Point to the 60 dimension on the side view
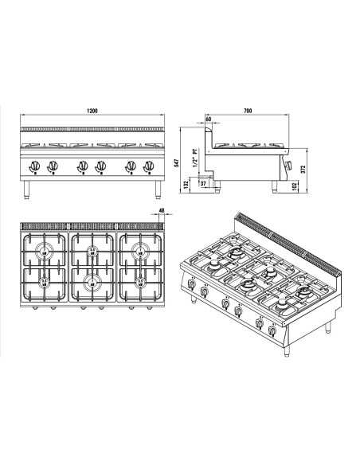tap(209, 119)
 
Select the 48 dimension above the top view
tap(162, 211)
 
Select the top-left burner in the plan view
tap(45, 252)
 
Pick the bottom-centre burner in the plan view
tap(92, 280)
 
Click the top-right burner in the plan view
tap(140, 252)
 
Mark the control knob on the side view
tap(290, 166)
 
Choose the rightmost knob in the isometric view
tap(273, 330)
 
